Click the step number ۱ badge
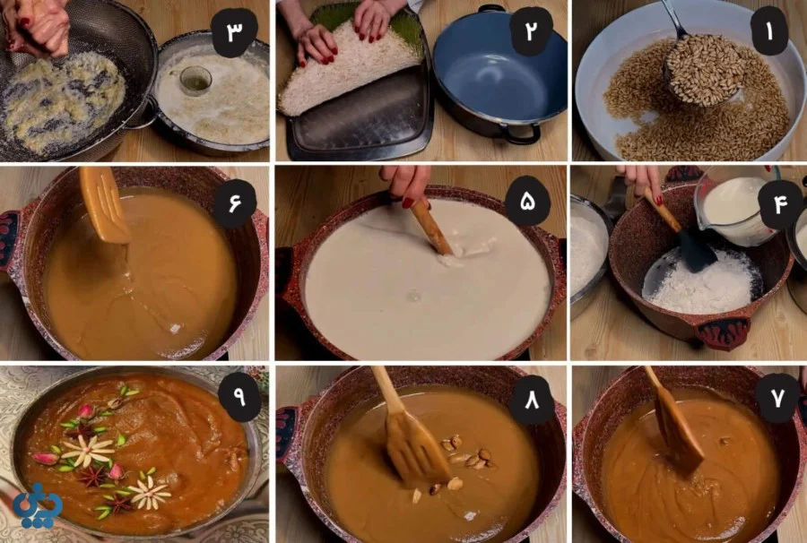click(769, 30)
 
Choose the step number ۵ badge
click(527, 201)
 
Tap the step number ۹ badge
click(239, 397)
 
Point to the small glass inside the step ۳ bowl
click(195, 81)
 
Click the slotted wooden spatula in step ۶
click(104, 204)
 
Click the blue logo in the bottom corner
click(37, 505)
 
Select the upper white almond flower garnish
click(88, 451)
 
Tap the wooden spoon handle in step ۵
click(431, 226)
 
